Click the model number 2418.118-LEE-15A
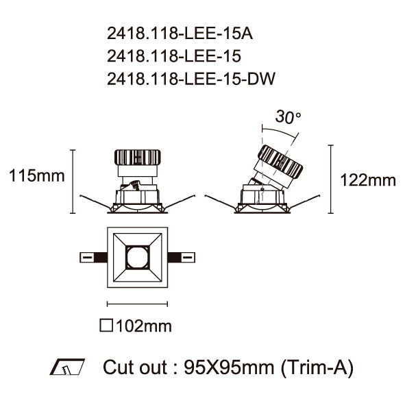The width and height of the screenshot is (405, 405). coord(180,34)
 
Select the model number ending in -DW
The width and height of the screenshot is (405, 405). coord(191,79)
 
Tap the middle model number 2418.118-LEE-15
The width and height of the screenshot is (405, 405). coord(174,56)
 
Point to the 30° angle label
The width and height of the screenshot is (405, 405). coord(288,116)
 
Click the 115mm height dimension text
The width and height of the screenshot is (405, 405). coord(37,175)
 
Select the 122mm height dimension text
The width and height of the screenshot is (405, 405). coord(368,180)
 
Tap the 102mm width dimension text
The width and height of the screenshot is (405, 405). coord(144,326)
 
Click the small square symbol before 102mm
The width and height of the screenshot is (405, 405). coord(106,326)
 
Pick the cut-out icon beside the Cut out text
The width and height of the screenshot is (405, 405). coord(67,367)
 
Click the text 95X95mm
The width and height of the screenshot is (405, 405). coord(229,367)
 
